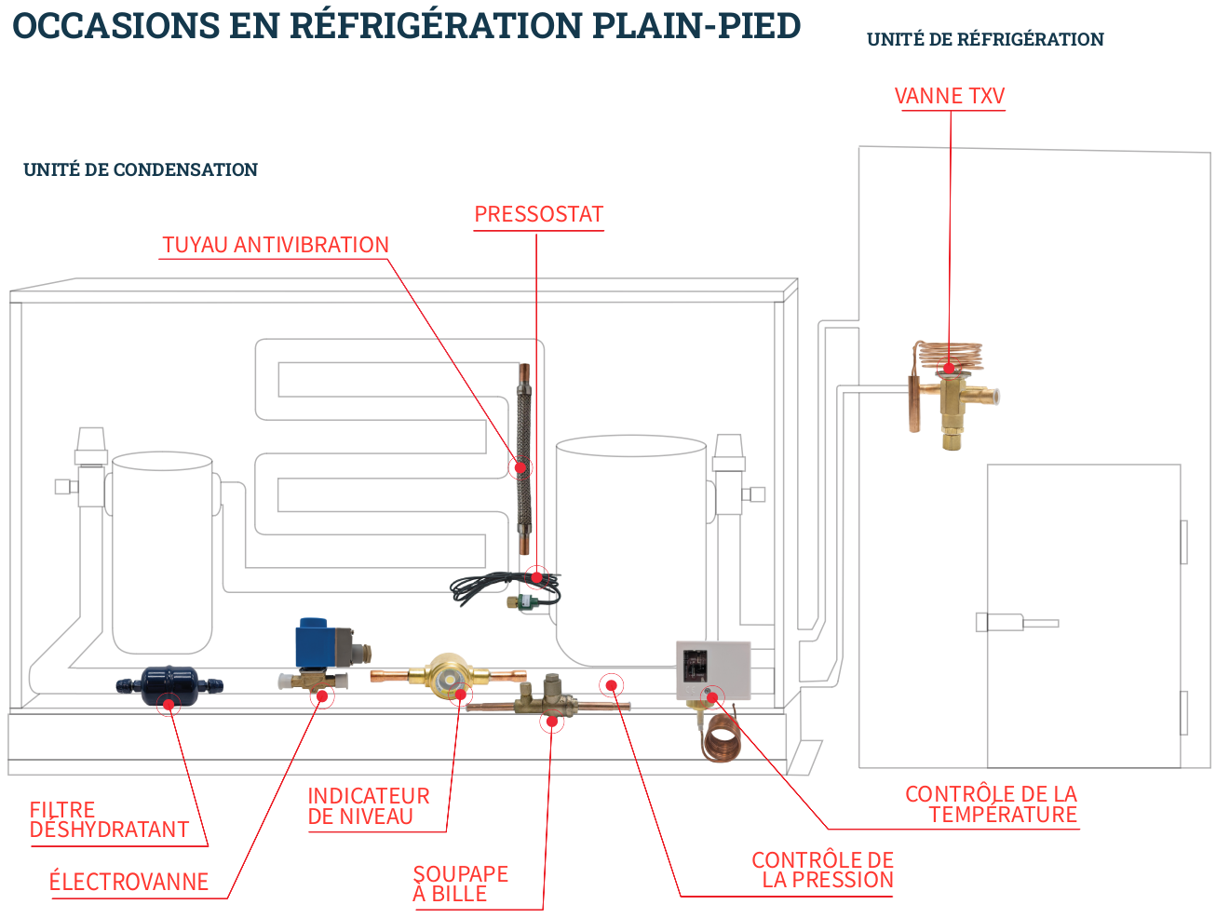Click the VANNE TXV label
(x=949, y=96)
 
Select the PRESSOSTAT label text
(x=538, y=215)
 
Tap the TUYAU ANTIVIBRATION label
(x=275, y=245)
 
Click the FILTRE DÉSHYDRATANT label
(x=109, y=820)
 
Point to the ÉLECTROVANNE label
(x=128, y=882)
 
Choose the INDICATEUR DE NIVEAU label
(x=368, y=806)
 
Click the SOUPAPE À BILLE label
(x=460, y=884)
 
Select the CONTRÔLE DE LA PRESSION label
(x=822, y=870)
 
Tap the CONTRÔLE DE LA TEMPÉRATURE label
(x=991, y=804)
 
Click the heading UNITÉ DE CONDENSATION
(x=141, y=169)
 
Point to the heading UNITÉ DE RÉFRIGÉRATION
(x=985, y=39)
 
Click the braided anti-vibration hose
(x=523, y=461)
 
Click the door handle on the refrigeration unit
(x=1015, y=622)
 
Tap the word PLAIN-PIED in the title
(x=696, y=25)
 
